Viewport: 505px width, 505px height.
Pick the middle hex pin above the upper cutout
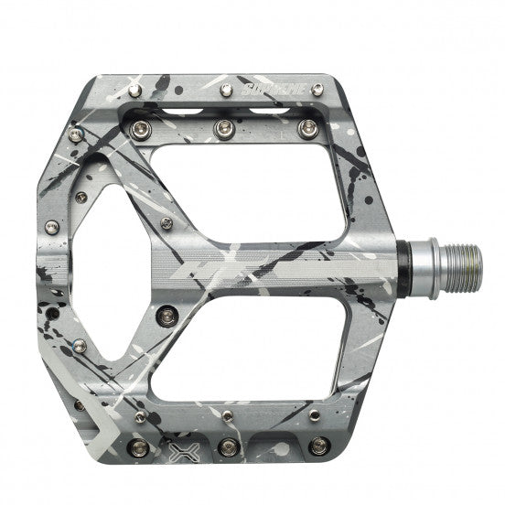(220, 130)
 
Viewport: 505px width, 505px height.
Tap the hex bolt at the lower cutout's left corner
(166, 317)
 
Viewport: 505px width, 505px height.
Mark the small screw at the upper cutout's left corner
(167, 222)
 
